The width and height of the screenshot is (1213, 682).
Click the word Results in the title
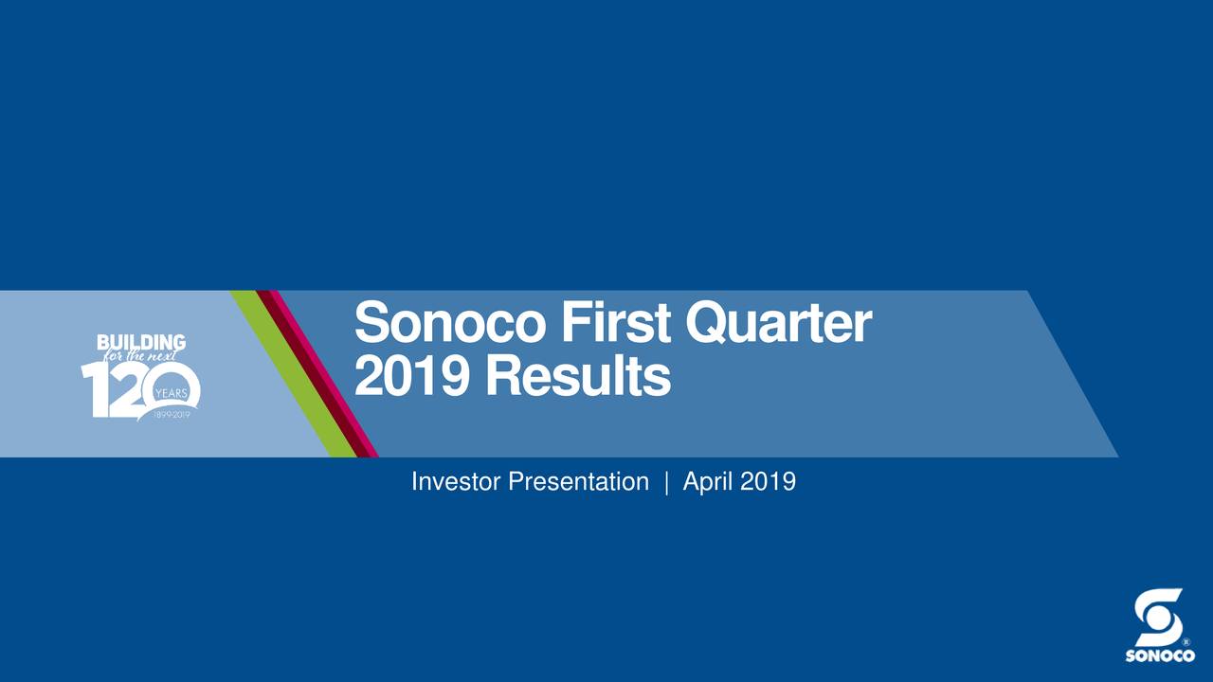(578, 378)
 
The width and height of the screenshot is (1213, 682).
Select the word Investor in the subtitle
(456, 482)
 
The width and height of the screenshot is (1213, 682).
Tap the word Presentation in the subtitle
(578, 482)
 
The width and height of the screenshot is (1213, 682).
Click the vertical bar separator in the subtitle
(666, 482)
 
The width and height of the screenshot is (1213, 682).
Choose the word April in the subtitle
(708, 482)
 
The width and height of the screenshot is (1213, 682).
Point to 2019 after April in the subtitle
(768, 482)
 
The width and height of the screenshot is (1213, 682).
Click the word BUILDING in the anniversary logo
(141, 342)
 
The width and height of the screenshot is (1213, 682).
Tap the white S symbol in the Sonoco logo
(1158, 617)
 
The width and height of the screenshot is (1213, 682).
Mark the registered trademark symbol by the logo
(1185, 643)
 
